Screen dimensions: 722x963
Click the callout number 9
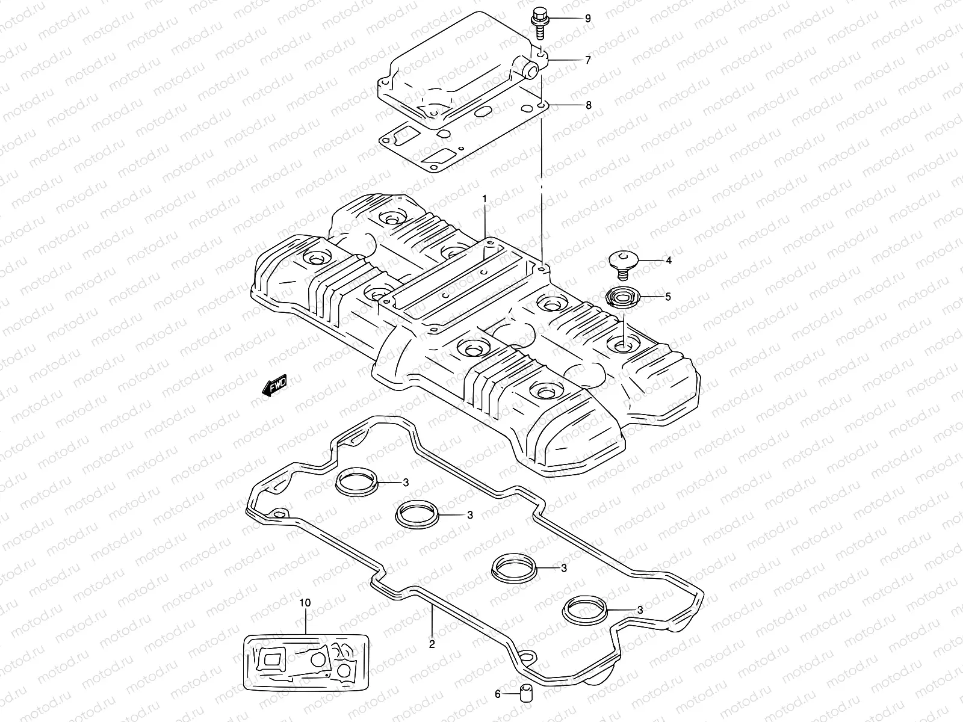588,19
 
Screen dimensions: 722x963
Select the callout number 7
588,60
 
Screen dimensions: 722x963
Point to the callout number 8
588,105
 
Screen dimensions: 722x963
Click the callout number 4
668,261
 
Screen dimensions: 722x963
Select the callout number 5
667,297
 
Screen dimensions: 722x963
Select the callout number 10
305,602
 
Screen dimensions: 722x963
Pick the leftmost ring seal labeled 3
356,483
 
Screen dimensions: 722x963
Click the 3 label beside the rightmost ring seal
640,609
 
